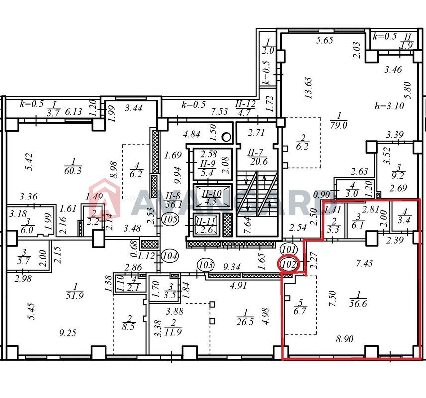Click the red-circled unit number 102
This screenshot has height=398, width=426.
click(x=289, y=264)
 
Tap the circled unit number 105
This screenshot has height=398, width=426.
click(x=170, y=219)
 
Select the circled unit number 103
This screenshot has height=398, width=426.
click(x=206, y=264)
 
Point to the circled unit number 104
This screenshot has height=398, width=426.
click(x=170, y=256)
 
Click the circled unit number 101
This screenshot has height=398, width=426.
click(x=289, y=249)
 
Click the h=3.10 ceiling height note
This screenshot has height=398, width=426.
click(x=389, y=105)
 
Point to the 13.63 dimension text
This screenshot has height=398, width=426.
click(x=309, y=88)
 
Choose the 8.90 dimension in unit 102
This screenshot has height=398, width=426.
click(x=345, y=339)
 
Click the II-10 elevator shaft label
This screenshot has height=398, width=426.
click(x=212, y=194)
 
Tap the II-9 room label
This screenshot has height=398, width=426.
click(x=208, y=164)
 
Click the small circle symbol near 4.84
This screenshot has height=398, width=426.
click(x=226, y=137)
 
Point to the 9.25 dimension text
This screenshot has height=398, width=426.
click(x=68, y=333)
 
